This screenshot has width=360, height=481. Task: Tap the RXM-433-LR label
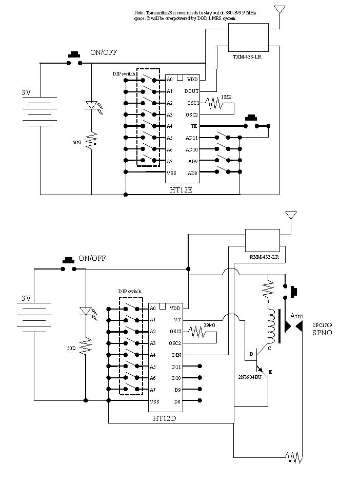coord(264,257)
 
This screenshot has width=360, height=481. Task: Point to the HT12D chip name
coord(166,418)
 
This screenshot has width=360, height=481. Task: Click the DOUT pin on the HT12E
coord(192,91)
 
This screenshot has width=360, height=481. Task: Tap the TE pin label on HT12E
coord(194,126)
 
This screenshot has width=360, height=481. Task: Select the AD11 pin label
coord(192,138)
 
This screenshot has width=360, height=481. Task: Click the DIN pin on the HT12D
coord(175,355)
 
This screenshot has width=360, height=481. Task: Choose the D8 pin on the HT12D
coord(177,401)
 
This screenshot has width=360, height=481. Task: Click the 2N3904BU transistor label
coord(249,376)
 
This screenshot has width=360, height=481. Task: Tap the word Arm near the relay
coord(296,316)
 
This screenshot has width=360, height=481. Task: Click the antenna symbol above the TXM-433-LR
coord(279,10)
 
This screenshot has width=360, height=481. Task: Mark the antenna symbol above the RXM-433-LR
coord(290,215)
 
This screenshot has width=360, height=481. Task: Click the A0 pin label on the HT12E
coord(169,80)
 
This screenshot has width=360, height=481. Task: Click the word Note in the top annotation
coord(139,11)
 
